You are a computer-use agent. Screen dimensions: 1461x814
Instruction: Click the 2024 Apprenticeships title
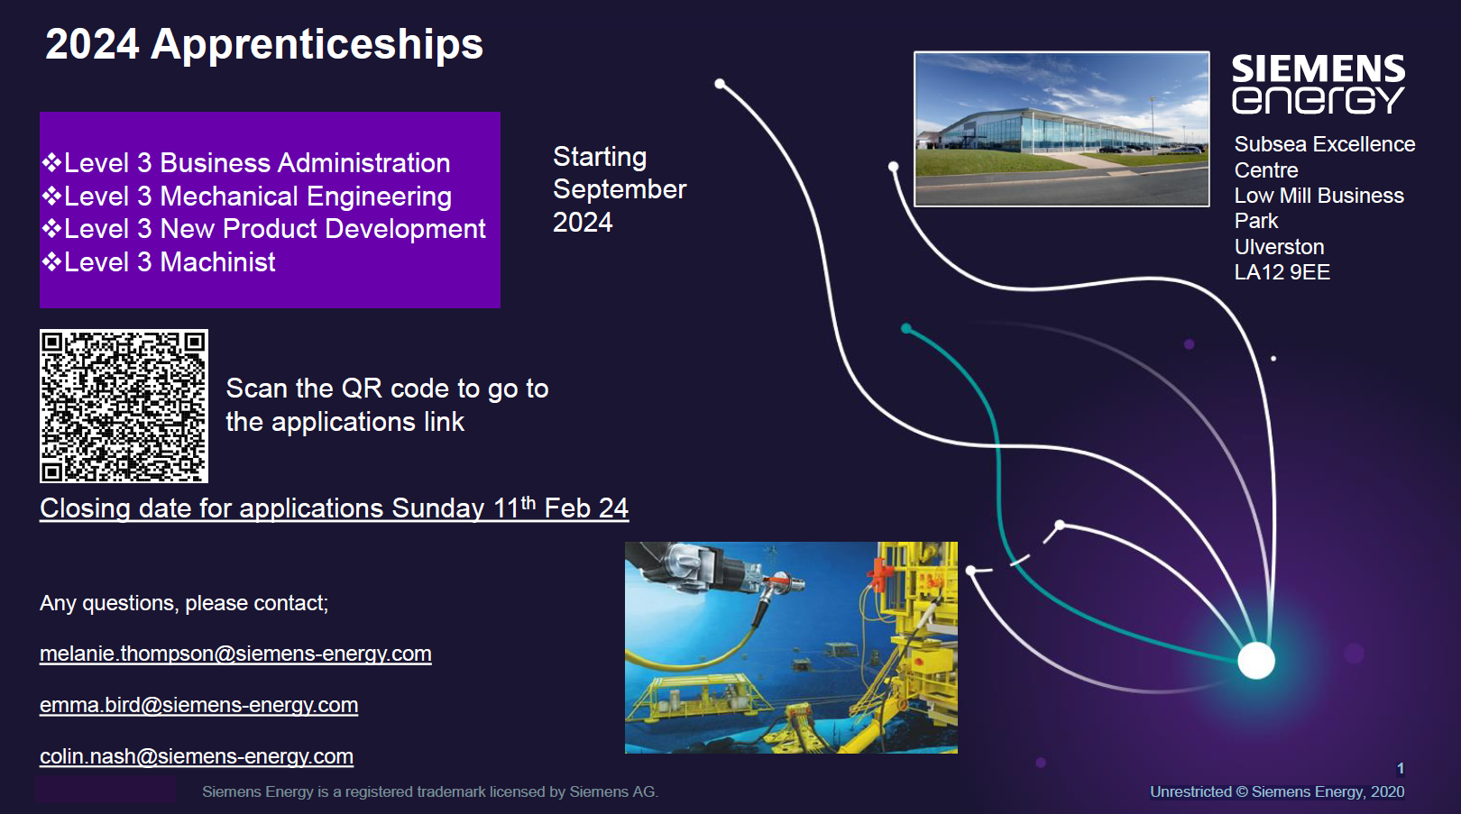[264, 44]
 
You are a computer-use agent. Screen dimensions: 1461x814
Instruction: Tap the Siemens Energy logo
[1319, 84]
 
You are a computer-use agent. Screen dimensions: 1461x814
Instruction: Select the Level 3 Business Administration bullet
[246, 163]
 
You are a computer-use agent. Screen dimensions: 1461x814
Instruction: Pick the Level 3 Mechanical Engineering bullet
[246, 197]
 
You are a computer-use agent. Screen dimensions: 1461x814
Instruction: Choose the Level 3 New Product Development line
[263, 229]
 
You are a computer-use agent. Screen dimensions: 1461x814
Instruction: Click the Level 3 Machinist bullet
[159, 262]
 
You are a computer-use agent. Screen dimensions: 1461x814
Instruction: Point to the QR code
[124, 406]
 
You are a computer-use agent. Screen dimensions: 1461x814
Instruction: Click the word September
[620, 189]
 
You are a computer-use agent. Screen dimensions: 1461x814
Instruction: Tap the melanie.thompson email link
[235, 654]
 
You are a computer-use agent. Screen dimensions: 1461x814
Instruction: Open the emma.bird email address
[199, 705]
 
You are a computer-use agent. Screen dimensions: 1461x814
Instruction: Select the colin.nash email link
[197, 756]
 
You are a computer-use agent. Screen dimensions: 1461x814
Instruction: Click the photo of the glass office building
[1061, 129]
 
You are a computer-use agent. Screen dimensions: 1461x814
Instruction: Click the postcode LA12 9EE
[1282, 271]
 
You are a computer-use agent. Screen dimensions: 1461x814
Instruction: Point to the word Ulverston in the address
[1279, 247]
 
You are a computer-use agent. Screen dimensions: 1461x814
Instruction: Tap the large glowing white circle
[1256, 660]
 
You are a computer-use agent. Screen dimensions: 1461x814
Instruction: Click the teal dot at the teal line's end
[906, 328]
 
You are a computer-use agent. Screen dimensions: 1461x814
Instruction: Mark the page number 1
[1400, 768]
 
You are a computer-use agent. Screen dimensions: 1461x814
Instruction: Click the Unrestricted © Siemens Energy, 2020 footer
[1277, 791]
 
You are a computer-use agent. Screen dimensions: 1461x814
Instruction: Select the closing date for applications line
[334, 508]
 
